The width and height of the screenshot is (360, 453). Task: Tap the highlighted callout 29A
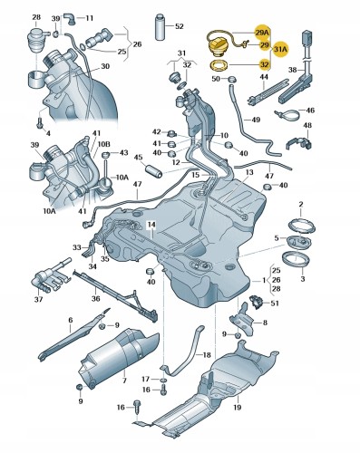click(x=264, y=30)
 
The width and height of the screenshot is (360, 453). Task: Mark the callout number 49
click(x=256, y=120)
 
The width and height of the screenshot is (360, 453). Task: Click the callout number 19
click(x=237, y=408)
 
